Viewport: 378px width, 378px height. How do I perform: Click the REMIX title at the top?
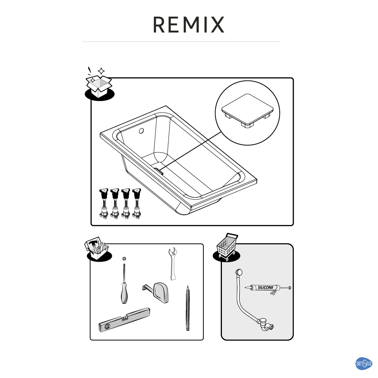click(189, 25)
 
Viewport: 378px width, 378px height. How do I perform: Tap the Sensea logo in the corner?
click(364, 363)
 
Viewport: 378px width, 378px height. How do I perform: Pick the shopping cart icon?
click(227, 247)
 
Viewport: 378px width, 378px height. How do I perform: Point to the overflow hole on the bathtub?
click(141, 131)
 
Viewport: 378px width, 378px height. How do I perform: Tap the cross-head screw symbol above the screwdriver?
click(124, 259)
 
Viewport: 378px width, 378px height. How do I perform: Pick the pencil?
click(187, 308)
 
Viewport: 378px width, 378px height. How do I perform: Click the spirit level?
click(125, 319)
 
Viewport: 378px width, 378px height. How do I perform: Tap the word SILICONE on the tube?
click(266, 288)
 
